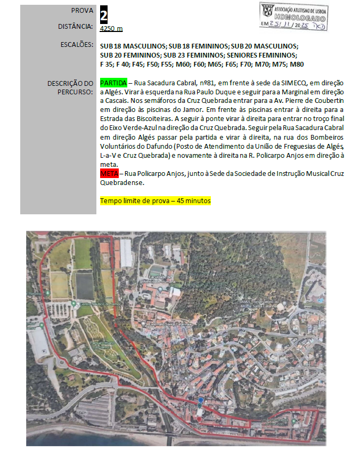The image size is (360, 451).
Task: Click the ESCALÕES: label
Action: pyautogui.click(x=77, y=45)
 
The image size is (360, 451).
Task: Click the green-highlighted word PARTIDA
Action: pyautogui.click(x=113, y=84)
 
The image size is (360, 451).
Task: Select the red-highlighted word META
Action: pyautogui.click(x=109, y=174)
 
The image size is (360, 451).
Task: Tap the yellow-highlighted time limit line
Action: pyautogui.click(x=156, y=201)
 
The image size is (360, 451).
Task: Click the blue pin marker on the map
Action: pyautogui.click(x=200, y=400)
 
